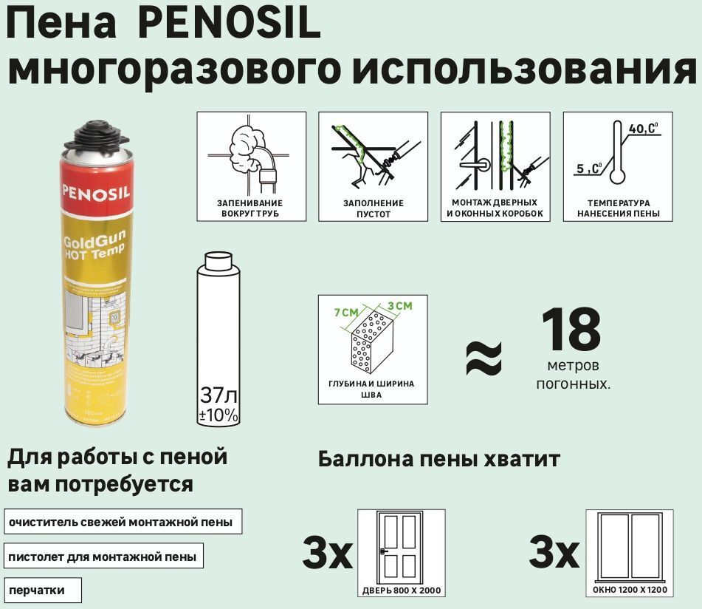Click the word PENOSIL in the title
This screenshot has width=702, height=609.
(229, 24)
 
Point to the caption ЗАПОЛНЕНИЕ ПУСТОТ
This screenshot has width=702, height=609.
(374, 208)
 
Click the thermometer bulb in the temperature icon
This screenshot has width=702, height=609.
(618, 177)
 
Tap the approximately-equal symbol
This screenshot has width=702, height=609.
(484, 357)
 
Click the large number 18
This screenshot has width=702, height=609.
(572, 330)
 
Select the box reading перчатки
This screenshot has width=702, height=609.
(42, 590)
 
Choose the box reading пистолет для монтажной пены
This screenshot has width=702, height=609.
(103, 556)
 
